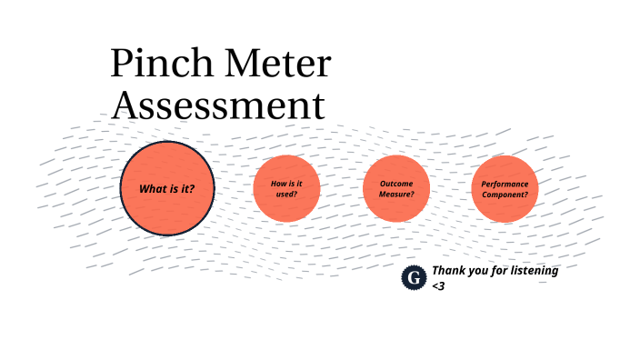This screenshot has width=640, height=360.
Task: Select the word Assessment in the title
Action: [217, 105]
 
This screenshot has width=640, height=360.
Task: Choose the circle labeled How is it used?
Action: [286, 189]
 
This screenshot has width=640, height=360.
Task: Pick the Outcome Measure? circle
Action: [395, 189]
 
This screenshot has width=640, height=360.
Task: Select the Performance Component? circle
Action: [505, 189]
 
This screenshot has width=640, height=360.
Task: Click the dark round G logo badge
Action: [415, 278]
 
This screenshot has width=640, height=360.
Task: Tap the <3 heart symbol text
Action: [438, 286]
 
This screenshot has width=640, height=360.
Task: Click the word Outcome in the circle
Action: [395, 184]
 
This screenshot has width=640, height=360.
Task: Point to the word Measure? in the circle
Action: [396, 194]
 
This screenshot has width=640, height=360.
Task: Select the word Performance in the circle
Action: [505, 184]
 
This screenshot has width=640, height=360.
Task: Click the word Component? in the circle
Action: [505, 194]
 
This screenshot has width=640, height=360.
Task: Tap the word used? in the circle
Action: [286, 194]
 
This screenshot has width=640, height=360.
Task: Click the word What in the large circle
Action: [151, 190]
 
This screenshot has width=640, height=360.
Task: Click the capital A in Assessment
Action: [124, 105]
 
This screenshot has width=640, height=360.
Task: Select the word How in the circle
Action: [278, 184]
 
